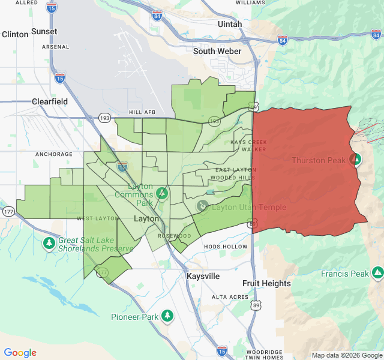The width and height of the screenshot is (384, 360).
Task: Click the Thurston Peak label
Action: tap(319, 160)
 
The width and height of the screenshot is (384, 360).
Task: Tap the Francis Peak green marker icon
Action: tap(377, 274)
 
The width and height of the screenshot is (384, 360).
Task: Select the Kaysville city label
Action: tap(203, 276)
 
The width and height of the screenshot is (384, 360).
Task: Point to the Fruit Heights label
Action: tap(266, 283)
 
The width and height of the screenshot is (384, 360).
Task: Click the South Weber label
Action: tap(217, 51)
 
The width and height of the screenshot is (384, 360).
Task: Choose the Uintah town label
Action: tap(230, 24)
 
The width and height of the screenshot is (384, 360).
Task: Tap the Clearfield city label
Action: tap(50, 101)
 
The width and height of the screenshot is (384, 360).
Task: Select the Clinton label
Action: tap(15, 34)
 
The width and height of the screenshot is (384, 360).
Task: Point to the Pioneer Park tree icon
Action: tap(167, 316)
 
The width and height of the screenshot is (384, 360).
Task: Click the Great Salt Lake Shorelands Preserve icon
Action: tap(49, 243)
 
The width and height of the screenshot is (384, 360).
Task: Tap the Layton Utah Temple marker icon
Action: tap(203, 207)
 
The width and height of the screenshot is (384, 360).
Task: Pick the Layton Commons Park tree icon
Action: tap(161, 194)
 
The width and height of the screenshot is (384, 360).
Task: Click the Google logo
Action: tap(20, 353)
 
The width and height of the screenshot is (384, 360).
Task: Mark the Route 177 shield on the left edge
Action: tap(8, 212)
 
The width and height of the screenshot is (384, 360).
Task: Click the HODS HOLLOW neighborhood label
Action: tap(226, 247)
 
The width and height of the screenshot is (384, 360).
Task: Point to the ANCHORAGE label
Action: tap(54, 154)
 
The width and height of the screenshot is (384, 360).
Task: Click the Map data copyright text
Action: tap(347, 355)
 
